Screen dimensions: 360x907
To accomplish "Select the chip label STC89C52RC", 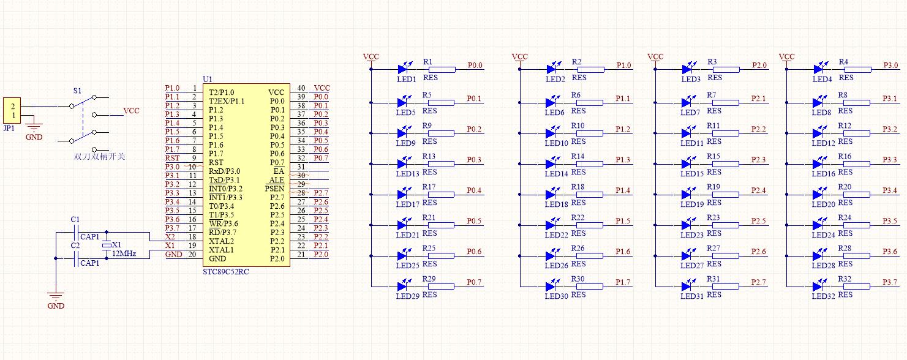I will click(x=225, y=271).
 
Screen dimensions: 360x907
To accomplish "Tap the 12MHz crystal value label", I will click(x=124, y=253).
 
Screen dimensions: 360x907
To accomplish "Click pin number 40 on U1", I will click(x=301, y=88).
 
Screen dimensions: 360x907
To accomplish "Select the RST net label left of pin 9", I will click(x=172, y=158).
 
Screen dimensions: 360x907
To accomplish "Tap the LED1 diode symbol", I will click(x=404, y=69).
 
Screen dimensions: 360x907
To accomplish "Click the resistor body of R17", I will click(x=442, y=195).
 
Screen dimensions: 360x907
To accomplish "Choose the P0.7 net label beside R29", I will click(x=474, y=282).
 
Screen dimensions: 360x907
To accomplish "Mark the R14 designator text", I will click(x=578, y=157).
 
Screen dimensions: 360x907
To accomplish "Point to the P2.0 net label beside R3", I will click(x=759, y=66).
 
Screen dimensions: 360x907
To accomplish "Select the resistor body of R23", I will click(x=726, y=225).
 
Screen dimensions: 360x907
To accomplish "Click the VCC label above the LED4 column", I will click(x=786, y=57).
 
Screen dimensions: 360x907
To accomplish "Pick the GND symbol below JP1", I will click(x=34, y=130).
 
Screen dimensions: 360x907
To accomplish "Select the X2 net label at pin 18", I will click(x=170, y=236).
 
